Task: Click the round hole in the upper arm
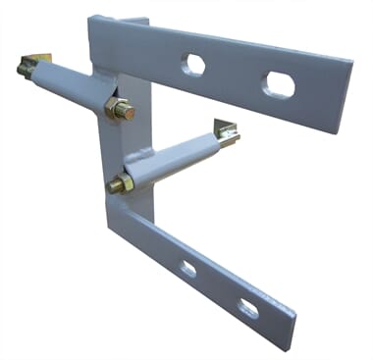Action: (x=194, y=65)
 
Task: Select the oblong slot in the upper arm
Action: (x=280, y=84)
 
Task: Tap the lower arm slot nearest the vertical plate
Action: (x=187, y=268)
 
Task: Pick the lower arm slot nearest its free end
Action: (x=249, y=309)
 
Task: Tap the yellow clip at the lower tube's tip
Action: (x=227, y=130)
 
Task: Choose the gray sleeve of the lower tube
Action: (x=177, y=153)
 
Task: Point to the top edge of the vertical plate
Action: (x=118, y=20)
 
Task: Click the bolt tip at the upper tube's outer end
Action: (x=21, y=70)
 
